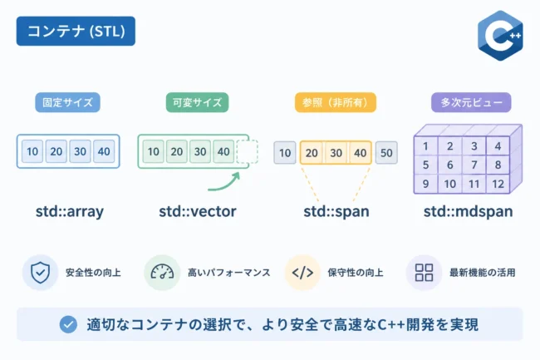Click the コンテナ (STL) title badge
pos(76,31)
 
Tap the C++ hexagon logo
pos(500,36)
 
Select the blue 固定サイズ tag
pos(67,102)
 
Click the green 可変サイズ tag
pos(198,102)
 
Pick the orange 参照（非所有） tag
pos(336,102)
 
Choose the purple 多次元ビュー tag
pos(471,102)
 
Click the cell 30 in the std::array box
pos(81,151)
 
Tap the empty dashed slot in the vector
pos(248,151)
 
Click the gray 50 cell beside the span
pos(386,153)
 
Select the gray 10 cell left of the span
pos(285,153)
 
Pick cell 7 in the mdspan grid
pos(474,165)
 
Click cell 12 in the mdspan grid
pos(498,184)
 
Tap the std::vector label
pos(198,211)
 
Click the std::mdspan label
pos(469,211)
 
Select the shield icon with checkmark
pos(41,273)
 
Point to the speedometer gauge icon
pos(162,272)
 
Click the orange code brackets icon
pos(302,273)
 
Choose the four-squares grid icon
pos(424,273)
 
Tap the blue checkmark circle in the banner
pos(68,324)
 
